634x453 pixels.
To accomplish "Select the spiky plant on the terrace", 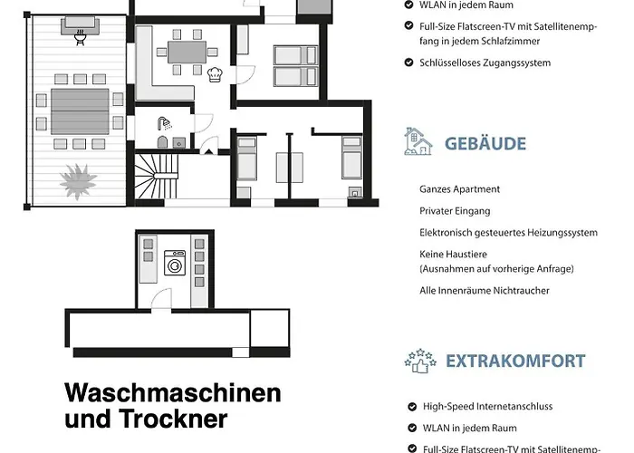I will pos(78,178).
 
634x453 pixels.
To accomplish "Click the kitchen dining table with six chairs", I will pos(187,53).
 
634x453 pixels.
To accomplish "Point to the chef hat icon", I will pos(215,74).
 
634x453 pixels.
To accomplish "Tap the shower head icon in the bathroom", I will pos(164,123).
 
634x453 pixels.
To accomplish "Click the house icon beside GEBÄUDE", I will pos(418,142).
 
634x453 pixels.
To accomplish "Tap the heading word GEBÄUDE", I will pos(485,143).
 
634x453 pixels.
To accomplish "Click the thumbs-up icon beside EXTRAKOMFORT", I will pos(419,360).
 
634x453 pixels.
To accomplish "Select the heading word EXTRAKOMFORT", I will pos(515,361).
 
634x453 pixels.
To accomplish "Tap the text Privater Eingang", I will pos(455,211).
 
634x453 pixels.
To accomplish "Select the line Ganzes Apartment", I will pos(459,189).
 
